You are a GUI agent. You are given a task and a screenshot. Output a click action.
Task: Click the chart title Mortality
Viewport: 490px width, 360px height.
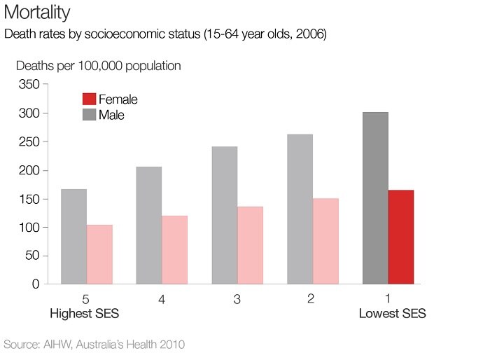coord(36,13)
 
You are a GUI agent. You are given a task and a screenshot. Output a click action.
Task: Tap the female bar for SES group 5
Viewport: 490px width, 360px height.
coord(99,254)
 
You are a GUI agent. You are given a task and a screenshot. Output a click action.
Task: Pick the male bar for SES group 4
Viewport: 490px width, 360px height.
coord(148,226)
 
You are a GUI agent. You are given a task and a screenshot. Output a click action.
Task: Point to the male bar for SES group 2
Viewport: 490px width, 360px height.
coord(300,209)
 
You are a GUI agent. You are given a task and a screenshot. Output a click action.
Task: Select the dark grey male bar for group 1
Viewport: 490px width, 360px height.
coord(375,198)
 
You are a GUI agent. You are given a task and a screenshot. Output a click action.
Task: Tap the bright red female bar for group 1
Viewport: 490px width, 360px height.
coord(401,237)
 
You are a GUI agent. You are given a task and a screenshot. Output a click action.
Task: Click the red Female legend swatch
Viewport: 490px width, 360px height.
coord(89,99)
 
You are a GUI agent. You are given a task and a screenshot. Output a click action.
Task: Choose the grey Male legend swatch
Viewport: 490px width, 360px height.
coord(89,114)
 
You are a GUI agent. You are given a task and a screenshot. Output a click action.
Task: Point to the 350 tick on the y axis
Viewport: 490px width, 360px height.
coord(30,85)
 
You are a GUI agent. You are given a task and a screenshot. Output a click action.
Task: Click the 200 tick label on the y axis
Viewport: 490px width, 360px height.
coord(30,170)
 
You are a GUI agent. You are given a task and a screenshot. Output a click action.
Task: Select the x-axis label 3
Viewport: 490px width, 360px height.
coord(237,300)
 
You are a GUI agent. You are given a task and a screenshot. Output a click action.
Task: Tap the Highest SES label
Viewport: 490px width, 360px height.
coord(85,314)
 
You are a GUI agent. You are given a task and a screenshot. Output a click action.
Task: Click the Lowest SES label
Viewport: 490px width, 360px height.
coord(392,314)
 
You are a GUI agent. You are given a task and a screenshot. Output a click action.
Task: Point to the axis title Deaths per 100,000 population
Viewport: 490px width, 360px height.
coord(99,66)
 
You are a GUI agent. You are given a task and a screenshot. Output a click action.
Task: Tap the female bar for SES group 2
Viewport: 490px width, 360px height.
coord(325,241)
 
